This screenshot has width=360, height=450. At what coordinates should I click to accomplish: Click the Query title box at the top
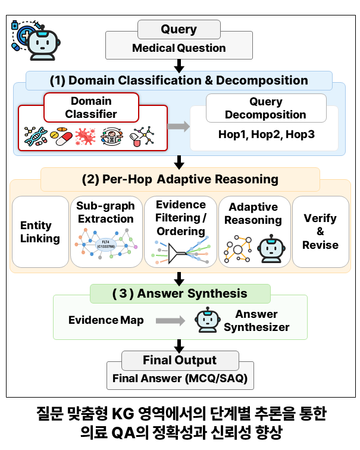179,29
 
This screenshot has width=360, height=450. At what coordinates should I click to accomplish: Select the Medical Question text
179,48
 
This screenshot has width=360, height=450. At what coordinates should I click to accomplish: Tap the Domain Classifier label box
91,108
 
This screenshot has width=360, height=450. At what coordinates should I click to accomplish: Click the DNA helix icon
36,136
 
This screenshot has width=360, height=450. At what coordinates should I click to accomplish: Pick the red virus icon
85,137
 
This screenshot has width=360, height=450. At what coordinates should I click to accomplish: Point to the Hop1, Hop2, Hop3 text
267,135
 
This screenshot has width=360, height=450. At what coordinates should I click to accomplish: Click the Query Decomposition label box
266,108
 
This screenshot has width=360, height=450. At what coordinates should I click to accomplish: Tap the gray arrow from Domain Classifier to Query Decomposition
179,126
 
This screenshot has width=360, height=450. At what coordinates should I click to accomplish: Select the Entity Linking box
40,232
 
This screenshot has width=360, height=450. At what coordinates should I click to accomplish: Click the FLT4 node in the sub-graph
106,245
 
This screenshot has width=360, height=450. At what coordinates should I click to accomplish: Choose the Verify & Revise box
321,232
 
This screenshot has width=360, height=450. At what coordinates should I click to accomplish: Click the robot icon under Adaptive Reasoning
271,249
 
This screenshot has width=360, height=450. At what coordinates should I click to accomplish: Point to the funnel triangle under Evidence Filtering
175,254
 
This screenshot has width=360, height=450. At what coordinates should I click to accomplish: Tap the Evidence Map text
106,320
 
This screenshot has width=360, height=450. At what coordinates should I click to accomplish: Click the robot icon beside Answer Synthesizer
208,320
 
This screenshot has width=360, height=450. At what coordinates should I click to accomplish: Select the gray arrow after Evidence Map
170,321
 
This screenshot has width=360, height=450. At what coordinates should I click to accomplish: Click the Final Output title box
180,361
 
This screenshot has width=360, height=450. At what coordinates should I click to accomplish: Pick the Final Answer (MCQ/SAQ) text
180,378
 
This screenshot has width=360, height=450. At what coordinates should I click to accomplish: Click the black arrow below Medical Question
179,66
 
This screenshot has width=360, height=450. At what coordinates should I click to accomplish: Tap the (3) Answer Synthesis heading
180,293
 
